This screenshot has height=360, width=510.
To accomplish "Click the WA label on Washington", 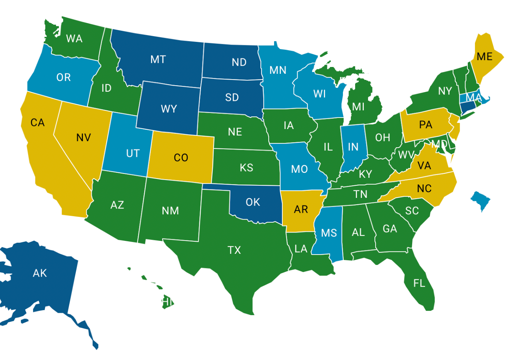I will pos(74,38).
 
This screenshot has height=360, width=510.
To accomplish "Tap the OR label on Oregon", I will pos(64,77).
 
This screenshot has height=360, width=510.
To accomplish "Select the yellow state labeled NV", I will pos(83,137).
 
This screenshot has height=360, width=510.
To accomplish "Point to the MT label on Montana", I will pos(158,59).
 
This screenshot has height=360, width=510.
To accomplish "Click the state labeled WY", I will pos(169,109).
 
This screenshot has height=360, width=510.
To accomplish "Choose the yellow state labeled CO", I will pos(181,158).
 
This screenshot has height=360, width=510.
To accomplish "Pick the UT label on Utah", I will pos(133,153).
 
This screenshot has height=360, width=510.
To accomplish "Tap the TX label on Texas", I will pos(234,250).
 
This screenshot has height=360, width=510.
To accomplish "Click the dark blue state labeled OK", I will pos(253,202).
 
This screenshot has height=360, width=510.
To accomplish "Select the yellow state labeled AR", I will pos(301,209).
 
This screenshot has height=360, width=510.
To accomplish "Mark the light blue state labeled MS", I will pos(329,233).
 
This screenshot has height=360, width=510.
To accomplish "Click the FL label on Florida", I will pos(419,283).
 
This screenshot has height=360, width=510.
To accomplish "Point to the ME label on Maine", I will pos(484,57).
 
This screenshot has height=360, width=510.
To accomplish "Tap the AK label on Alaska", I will pos(40,273).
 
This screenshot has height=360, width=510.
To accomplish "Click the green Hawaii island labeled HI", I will pos(167,301).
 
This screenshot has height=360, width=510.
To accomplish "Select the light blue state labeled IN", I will pos(353,147).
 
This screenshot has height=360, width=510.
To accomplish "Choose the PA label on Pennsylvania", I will pos(426,125).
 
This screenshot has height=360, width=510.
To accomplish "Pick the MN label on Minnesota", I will pos(278,70).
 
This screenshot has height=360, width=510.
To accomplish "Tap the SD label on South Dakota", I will pos(232,97).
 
